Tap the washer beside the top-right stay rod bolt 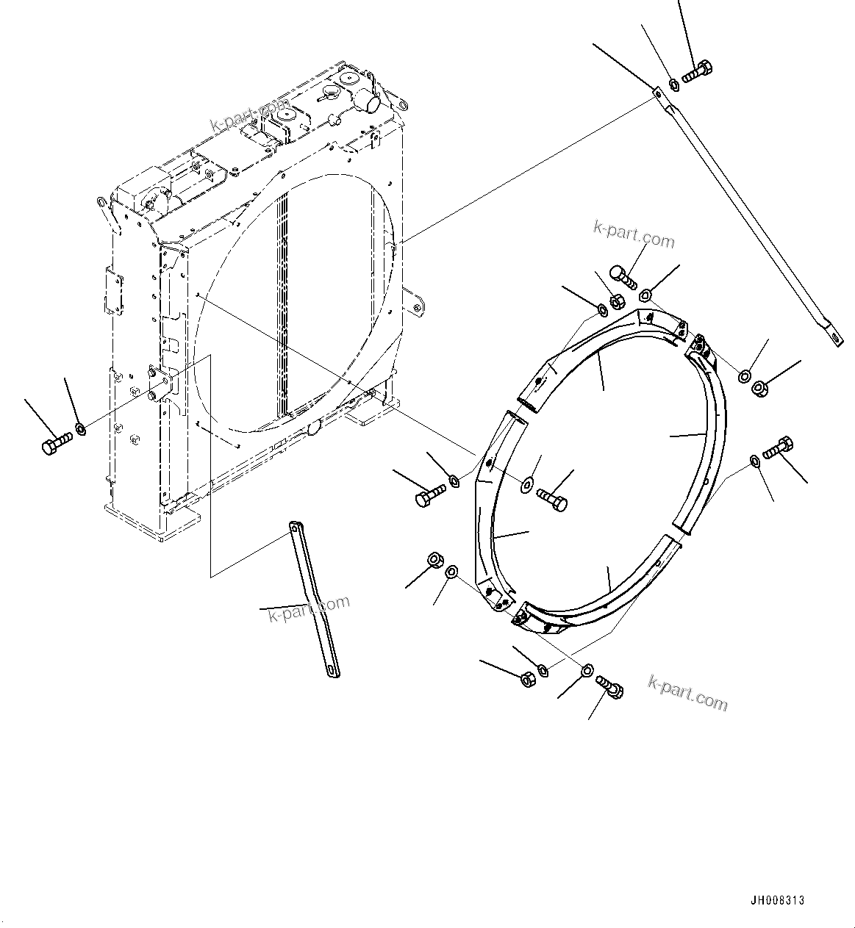(x=673, y=85)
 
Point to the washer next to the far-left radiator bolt (x=81, y=428)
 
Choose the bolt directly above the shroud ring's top (x=620, y=278)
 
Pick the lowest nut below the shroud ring (x=527, y=680)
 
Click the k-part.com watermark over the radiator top (x=251, y=115)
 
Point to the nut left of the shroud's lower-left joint (x=434, y=561)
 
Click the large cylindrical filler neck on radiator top (x=372, y=100)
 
